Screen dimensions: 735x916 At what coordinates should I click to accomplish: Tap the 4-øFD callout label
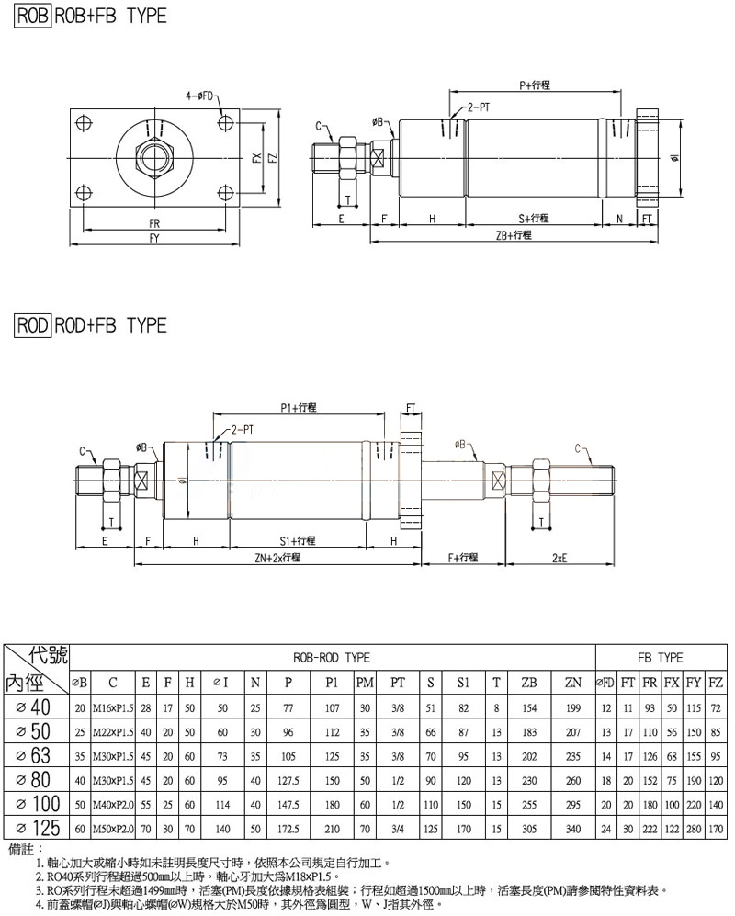(x=199, y=96)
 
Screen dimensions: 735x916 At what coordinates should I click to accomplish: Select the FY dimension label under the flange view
(x=154, y=238)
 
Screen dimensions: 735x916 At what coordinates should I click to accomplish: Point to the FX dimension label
(x=257, y=158)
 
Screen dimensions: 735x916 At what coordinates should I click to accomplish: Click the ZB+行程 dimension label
(x=514, y=235)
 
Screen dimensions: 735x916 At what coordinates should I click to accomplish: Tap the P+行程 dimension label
(x=535, y=85)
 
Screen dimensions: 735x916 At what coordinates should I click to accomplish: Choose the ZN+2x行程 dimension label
(x=277, y=558)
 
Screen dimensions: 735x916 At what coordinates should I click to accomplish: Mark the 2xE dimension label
(x=560, y=558)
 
